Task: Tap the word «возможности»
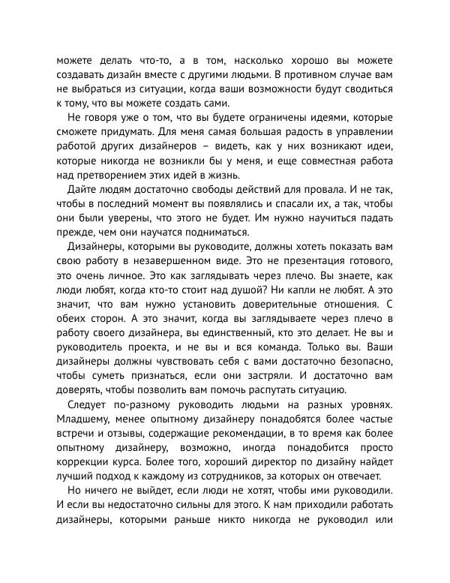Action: tap(289, 90)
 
